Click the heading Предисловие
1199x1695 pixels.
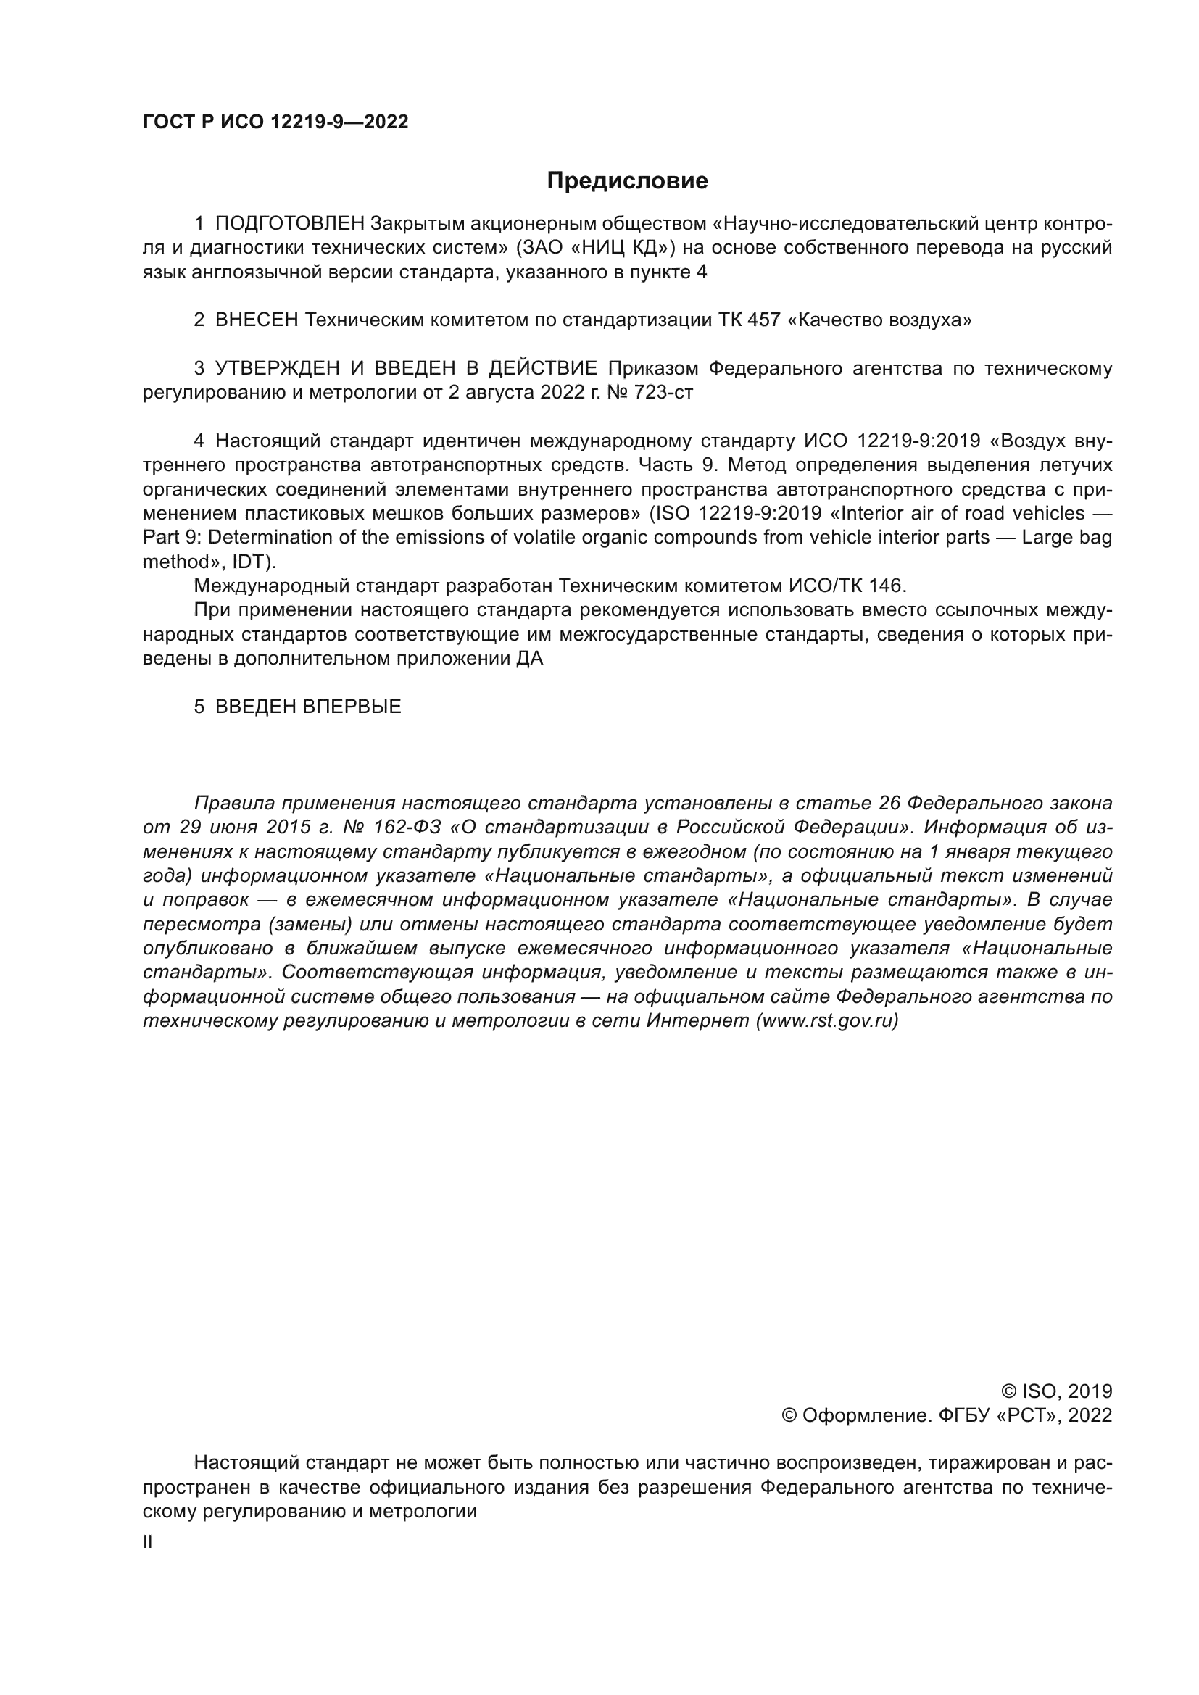[627, 181]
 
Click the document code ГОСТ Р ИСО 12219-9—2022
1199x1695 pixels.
[275, 122]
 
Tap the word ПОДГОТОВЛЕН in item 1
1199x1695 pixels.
[290, 223]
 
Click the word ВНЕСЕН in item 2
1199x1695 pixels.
[257, 320]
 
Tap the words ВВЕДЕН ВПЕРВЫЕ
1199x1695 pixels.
[308, 707]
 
